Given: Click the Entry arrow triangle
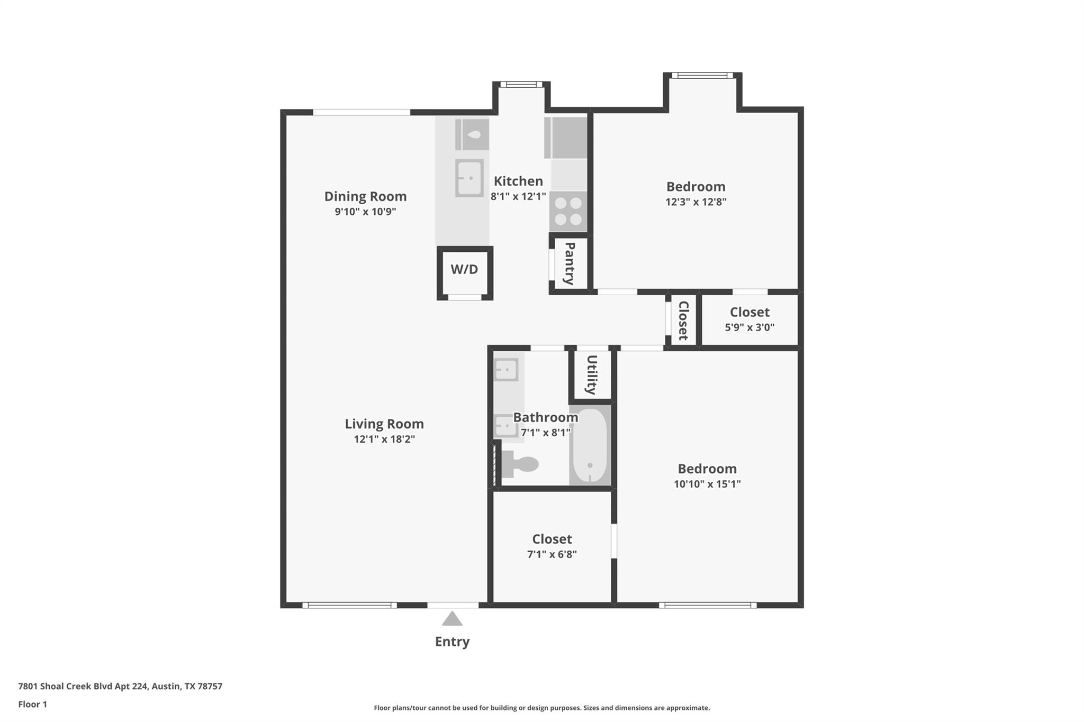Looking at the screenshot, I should click(x=452, y=619).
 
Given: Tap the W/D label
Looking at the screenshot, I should click(x=464, y=270).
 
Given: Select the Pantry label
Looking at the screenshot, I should click(x=570, y=263).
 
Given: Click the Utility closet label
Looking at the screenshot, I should click(x=591, y=374).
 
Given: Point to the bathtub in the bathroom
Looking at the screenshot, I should click(x=590, y=445).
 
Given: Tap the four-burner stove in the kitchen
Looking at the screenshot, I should click(x=568, y=211).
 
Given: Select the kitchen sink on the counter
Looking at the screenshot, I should click(x=469, y=178).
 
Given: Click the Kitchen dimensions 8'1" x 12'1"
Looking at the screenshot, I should click(x=518, y=196).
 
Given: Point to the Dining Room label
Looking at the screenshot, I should click(x=365, y=196).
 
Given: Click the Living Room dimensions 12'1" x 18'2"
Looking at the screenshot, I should click(x=384, y=439).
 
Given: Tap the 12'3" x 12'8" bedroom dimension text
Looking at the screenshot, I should click(x=695, y=202).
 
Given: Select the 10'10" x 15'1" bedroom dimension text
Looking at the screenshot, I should click(x=707, y=483).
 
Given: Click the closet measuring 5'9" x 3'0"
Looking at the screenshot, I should click(x=749, y=319).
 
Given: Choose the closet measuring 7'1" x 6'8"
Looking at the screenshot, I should click(x=552, y=546).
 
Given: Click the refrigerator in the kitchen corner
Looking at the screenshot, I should click(x=566, y=138).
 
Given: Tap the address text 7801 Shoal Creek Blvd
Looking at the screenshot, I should click(x=120, y=686).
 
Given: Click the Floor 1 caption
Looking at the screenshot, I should click(x=33, y=704).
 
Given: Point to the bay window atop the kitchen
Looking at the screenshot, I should click(x=521, y=85).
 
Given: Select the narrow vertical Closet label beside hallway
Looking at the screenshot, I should click(x=683, y=321).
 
